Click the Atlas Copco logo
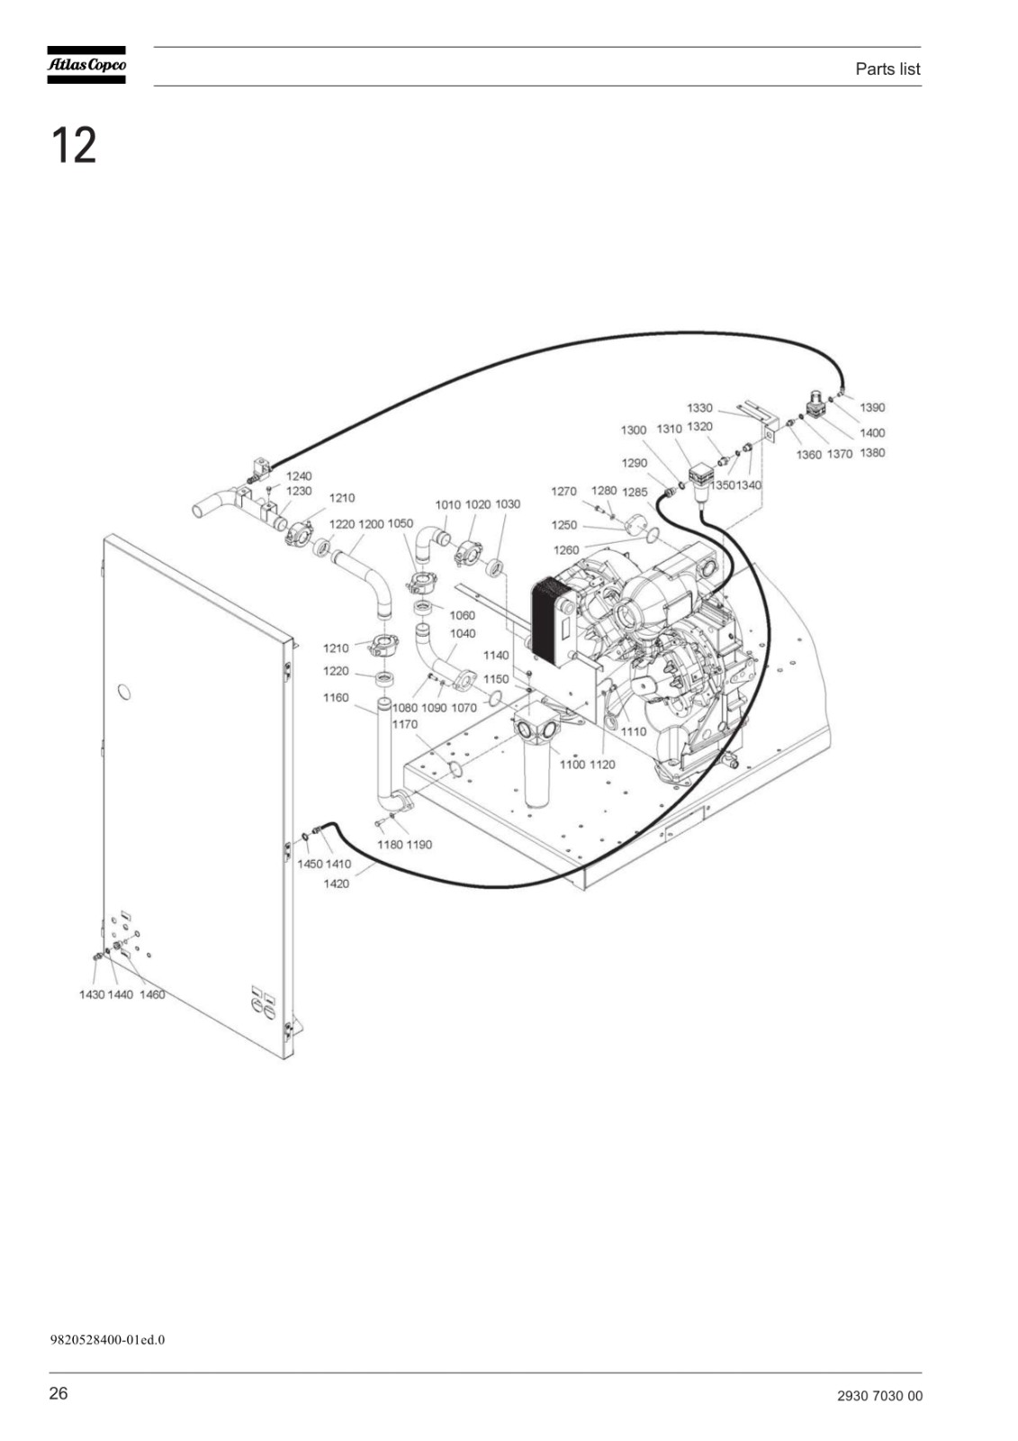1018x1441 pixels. click(x=86, y=65)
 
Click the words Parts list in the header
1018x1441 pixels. click(x=887, y=68)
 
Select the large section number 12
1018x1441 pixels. click(x=73, y=145)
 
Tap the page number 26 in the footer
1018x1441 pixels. click(x=59, y=1388)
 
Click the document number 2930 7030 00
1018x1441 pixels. click(x=879, y=1391)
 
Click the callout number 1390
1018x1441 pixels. click(x=872, y=407)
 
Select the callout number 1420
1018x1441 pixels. click(x=336, y=884)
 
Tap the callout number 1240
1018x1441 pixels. click(x=299, y=476)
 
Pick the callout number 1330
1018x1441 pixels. click(x=699, y=408)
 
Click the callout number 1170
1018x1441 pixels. click(x=404, y=724)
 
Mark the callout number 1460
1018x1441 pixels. click(x=152, y=994)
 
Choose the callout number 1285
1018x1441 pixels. click(x=635, y=492)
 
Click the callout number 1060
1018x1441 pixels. click(x=462, y=615)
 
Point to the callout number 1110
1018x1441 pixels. click(x=634, y=731)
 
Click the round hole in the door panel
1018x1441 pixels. click(x=123, y=693)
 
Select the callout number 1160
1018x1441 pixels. click(x=336, y=697)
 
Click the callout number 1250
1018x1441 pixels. click(x=564, y=525)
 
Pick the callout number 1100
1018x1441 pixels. click(x=572, y=765)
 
